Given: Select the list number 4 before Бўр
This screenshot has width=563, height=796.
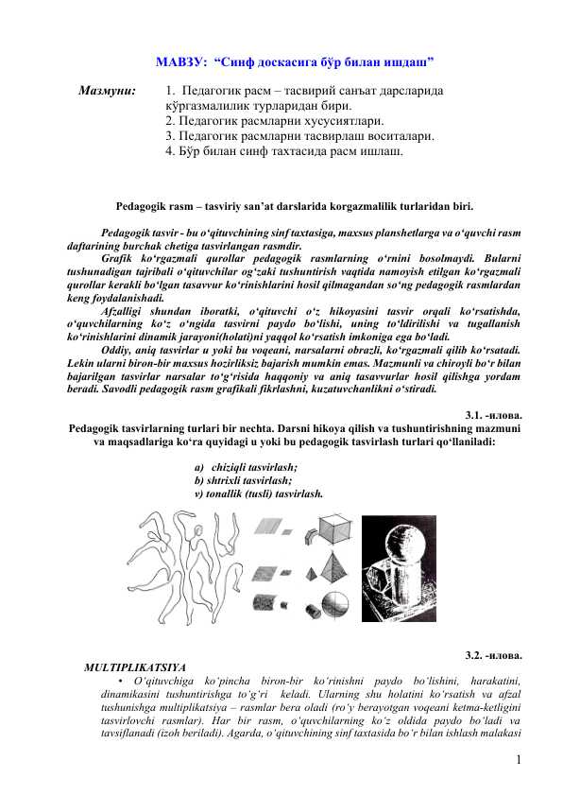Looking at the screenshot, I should (168, 151).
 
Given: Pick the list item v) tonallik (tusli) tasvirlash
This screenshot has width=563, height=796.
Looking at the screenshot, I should (260, 493).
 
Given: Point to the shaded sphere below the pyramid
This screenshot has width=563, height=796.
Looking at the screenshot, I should (337, 604).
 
